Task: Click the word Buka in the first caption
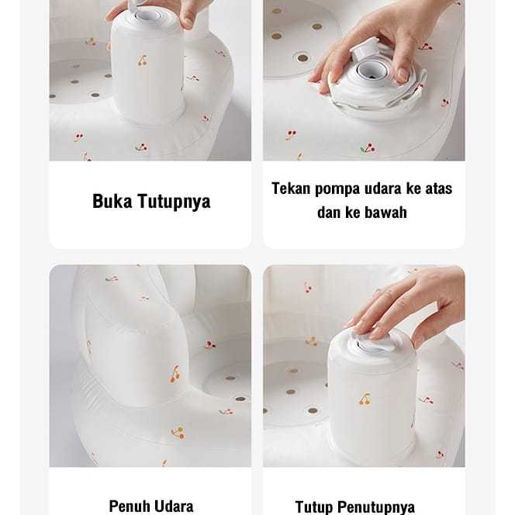point(112,201)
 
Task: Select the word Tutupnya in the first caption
point(174,202)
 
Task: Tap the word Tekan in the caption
point(291,188)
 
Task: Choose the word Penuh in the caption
point(129,506)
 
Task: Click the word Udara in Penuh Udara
point(174,506)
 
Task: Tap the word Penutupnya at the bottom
point(376,508)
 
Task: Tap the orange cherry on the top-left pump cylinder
point(142,61)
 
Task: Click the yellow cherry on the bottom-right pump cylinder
point(365,399)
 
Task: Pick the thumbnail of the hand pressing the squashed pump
point(364,81)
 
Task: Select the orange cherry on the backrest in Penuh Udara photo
point(175,375)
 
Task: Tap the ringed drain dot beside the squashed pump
point(302,58)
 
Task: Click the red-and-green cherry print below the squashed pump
point(368,148)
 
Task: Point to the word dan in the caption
point(328,213)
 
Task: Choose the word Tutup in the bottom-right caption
point(313,508)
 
